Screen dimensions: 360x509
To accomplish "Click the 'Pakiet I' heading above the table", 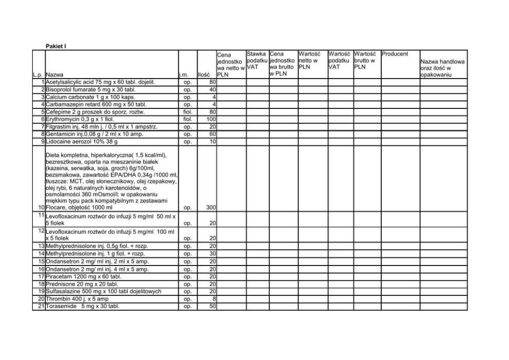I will point(56,46).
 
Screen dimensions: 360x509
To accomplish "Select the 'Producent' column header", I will point(395,53).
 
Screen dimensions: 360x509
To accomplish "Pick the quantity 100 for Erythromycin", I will point(210,119).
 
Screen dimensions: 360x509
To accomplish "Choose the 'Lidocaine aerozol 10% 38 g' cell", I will point(82,141).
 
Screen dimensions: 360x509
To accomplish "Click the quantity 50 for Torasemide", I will point(211,306).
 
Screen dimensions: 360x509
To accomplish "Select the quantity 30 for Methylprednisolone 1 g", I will point(211,254).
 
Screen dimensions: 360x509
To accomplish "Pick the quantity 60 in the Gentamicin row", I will point(211,134).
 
